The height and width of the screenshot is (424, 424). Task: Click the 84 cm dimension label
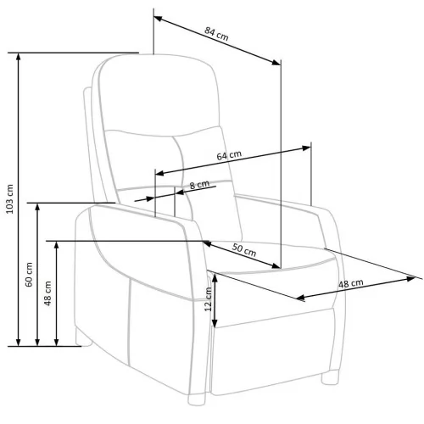coord(216,34)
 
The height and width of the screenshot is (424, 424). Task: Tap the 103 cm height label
coord(10,199)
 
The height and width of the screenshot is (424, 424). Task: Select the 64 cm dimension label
coord(229,155)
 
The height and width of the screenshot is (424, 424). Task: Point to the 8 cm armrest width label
coord(199,185)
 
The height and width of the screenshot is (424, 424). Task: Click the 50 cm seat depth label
coord(244,250)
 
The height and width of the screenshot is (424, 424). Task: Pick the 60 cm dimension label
coord(29,275)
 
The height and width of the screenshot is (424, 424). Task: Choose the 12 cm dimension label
coord(208,299)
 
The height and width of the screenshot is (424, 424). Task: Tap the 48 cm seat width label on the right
coord(351,283)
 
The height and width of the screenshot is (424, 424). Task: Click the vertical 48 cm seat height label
coord(47,293)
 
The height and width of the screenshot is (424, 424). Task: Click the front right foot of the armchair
coord(330,377)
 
